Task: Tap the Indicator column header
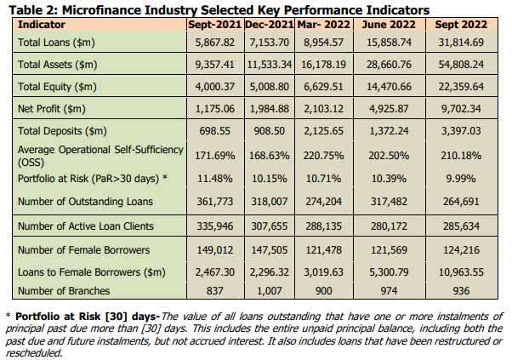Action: click(42, 26)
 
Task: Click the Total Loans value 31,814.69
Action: click(460, 42)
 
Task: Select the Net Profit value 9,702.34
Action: click(460, 109)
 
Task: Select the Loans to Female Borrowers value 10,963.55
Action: click(460, 273)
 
